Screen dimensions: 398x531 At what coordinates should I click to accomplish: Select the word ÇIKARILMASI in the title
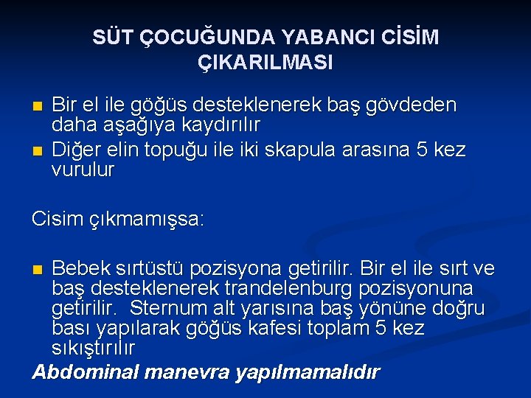coord(265,63)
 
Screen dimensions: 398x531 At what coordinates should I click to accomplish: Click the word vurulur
coord(83,170)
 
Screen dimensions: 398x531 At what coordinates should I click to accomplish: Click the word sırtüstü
coord(152,269)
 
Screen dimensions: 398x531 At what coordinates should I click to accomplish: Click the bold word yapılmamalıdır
coord(307,371)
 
